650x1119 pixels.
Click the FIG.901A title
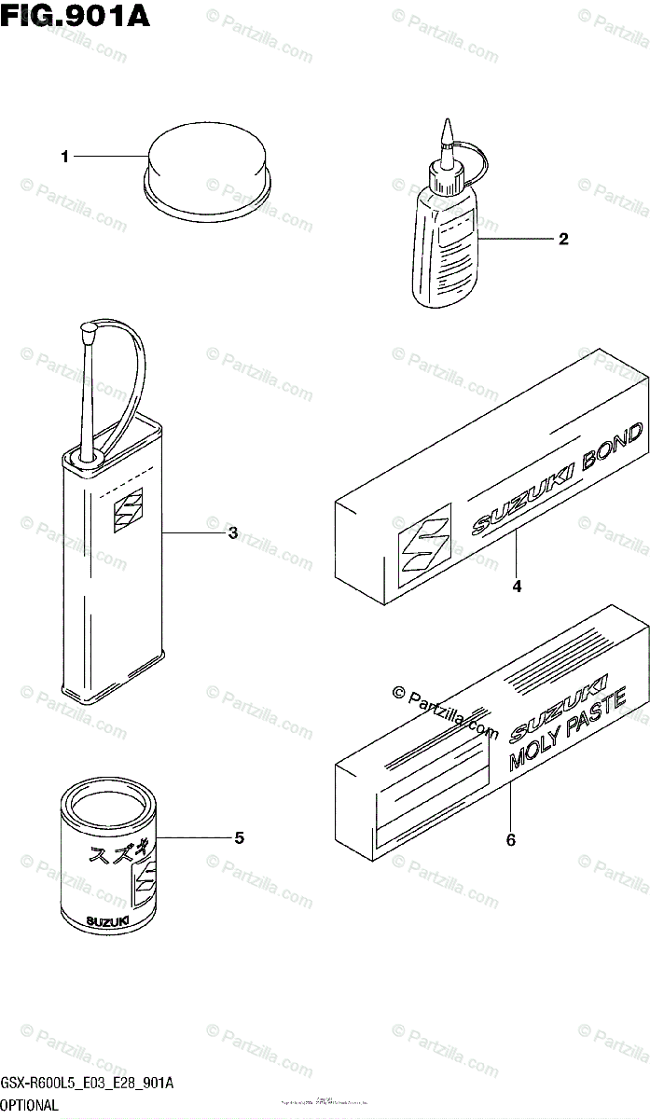pyautogui.click(x=76, y=16)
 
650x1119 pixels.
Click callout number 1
pyautogui.click(x=64, y=158)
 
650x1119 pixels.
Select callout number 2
pyautogui.click(x=562, y=239)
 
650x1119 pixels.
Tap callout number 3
pyautogui.click(x=232, y=533)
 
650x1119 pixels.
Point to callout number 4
pyautogui.click(x=516, y=587)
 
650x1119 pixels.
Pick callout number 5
pyautogui.click(x=239, y=838)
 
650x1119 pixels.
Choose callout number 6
pyautogui.click(x=510, y=840)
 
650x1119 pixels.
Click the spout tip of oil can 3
pyautogui.click(x=90, y=327)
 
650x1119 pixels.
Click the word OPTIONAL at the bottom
pyautogui.click(x=30, y=1105)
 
